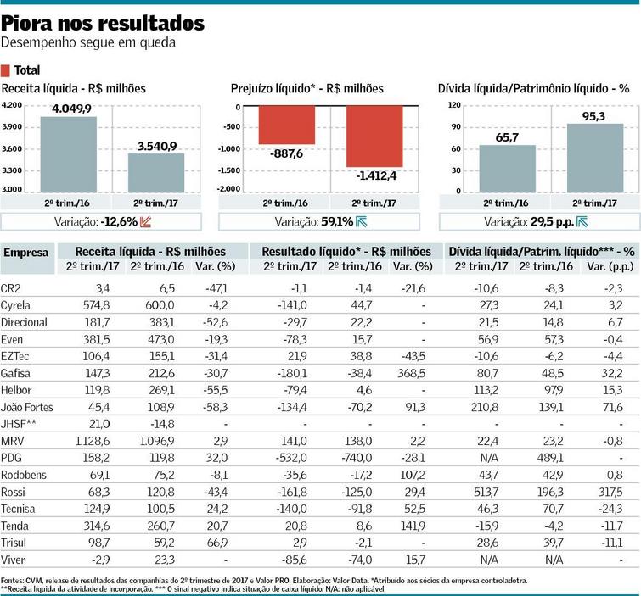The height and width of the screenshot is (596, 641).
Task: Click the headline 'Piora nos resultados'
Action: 103,21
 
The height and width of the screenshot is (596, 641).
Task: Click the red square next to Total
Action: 7,70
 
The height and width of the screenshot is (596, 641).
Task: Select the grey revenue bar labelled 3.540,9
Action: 155,172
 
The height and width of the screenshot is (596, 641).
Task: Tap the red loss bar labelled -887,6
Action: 287,125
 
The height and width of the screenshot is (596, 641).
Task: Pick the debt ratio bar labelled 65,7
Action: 508,169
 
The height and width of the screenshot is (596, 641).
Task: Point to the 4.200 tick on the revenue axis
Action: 12,105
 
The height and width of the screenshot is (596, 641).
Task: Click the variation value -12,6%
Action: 119,222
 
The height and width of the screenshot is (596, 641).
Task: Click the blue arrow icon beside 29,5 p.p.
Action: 582,222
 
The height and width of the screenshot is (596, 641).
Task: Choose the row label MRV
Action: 13,442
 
